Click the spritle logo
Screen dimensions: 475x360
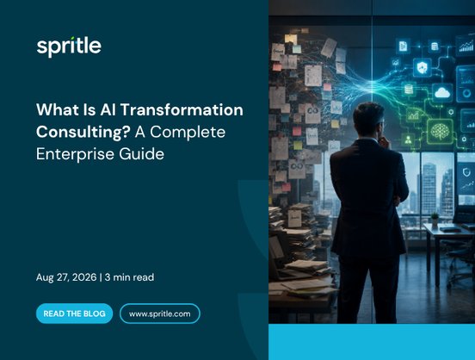(69, 47)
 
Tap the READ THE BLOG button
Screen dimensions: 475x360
(74, 313)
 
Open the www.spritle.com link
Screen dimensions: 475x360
(160, 313)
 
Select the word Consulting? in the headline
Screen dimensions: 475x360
(83, 133)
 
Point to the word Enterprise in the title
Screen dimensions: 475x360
(75, 154)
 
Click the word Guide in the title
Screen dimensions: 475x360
(141, 154)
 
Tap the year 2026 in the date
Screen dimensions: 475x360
(84, 277)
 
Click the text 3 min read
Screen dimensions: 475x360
(129, 277)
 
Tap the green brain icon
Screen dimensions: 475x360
(440, 131)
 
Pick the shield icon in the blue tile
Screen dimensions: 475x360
(422, 67)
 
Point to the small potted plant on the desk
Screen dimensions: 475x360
(435, 219)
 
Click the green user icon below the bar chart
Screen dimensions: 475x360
(409, 140)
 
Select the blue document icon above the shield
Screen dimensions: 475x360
(403, 47)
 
